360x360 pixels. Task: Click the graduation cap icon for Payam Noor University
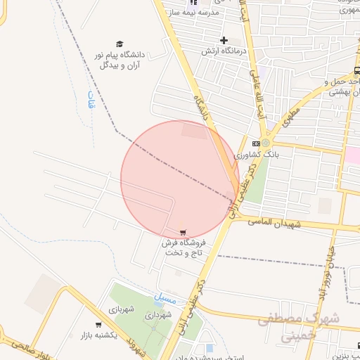pos(119,44)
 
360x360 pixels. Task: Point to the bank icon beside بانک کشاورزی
pos(255,143)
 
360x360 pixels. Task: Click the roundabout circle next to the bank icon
pos(266,143)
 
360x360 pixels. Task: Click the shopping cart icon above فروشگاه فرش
pos(184,232)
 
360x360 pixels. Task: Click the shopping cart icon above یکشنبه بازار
pos(98,324)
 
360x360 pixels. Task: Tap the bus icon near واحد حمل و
pos(356,70)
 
